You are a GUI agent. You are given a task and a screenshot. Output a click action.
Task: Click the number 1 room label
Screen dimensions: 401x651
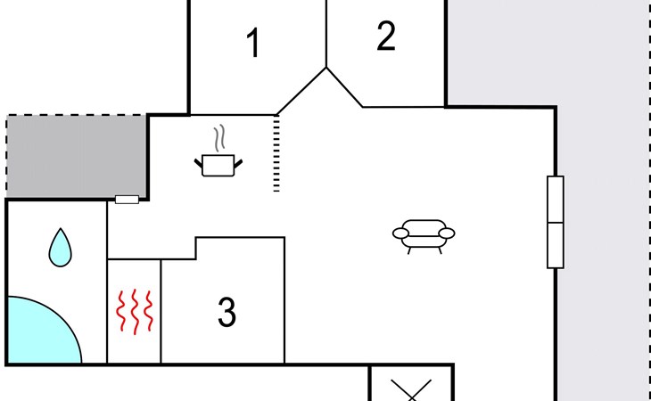[x=254, y=44]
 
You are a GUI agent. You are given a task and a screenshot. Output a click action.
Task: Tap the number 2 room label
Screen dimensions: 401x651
[x=385, y=37]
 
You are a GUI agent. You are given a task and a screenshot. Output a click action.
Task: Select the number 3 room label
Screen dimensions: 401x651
[x=227, y=313]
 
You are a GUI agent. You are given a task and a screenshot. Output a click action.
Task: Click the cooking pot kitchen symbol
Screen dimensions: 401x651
[x=218, y=164]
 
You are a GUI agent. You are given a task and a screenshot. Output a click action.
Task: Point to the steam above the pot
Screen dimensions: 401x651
[x=220, y=140]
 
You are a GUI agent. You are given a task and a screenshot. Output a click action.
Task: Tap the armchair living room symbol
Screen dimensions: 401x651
[x=424, y=233]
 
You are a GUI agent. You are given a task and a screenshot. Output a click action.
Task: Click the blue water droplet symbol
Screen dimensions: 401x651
[x=60, y=247]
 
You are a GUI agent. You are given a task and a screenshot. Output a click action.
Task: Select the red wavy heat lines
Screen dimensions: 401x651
[x=134, y=312]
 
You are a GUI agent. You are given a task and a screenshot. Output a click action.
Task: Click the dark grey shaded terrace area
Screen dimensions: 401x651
[x=77, y=157]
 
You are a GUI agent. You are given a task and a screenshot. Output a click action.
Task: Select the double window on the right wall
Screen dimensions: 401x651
[x=555, y=222]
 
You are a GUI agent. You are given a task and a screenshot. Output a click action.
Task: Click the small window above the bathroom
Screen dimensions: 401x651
[x=127, y=200]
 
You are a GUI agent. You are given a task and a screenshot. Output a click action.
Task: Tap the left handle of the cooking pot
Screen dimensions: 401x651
[x=198, y=161]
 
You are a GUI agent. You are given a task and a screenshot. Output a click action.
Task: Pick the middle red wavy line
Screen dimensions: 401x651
[x=134, y=312]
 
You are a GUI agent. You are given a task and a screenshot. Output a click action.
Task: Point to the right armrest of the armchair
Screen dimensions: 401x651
[x=446, y=233]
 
